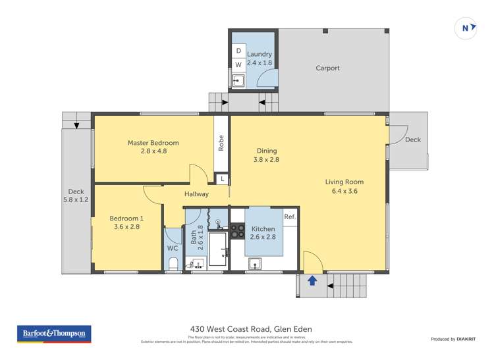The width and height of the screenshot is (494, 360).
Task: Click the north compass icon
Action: pyautogui.click(x=466, y=28)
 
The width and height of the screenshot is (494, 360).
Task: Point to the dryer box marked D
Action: pyautogui.click(x=238, y=51)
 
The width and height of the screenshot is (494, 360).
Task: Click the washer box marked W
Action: pyautogui.click(x=238, y=64)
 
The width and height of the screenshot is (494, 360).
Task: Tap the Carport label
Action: pyautogui.click(x=327, y=68)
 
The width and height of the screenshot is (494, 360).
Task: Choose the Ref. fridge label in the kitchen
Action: pyautogui.click(x=290, y=217)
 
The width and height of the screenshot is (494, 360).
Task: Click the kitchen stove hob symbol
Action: pyautogui.click(x=237, y=230)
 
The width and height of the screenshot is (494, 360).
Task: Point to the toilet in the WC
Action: pyautogui.click(x=173, y=264)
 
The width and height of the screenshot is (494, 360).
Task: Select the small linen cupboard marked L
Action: pyautogui.click(x=223, y=179)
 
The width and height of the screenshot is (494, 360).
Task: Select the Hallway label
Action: pyautogui.click(x=196, y=194)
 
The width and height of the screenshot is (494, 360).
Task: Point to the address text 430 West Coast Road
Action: pyautogui.click(x=246, y=329)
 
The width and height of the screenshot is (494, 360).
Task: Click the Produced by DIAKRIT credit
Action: pyautogui.click(x=455, y=339)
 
